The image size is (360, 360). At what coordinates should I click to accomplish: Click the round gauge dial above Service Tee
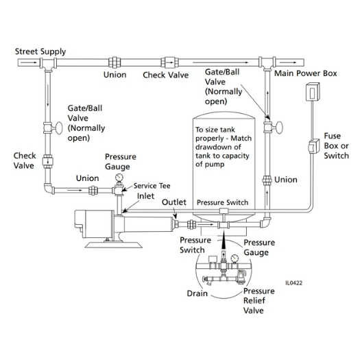click(x=120, y=178)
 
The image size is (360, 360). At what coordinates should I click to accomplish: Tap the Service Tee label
click(x=152, y=185)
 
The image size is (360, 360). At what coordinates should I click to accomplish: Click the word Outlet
click(x=175, y=203)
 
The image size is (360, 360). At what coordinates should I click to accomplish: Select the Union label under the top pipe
click(x=115, y=75)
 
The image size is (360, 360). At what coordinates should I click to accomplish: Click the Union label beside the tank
click(x=286, y=180)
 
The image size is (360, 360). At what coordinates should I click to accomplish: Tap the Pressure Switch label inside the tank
click(x=222, y=203)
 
